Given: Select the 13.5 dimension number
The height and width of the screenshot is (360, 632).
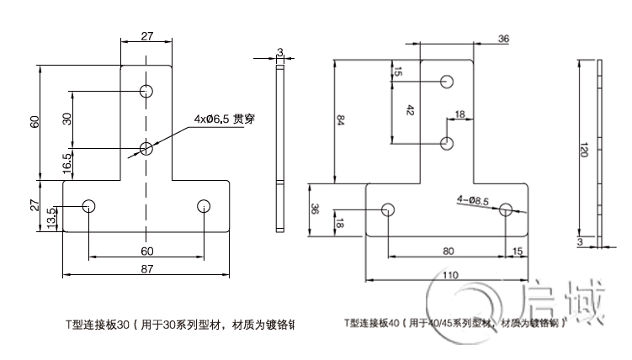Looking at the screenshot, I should tap(51, 218).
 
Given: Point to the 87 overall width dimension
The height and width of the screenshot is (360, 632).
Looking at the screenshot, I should tap(146, 268).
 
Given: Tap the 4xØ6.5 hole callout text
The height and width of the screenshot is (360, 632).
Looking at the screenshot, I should tap(223, 119).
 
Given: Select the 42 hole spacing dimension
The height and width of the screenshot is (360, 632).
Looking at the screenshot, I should tap(410, 111).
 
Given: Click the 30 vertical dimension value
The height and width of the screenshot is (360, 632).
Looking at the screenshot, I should tap(67, 119).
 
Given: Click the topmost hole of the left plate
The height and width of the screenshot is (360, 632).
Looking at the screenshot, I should tap(147, 90).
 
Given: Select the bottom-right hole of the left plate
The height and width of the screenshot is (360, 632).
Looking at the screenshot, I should tap(203, 205).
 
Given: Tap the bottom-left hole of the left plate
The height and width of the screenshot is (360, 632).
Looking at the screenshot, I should tap(90, 205).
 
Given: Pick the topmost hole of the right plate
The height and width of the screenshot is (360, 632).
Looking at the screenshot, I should tap(447, 82).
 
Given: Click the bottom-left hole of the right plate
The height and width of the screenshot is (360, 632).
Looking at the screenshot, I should tap(389, 209).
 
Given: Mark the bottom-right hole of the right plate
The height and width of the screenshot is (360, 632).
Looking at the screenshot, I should tap(506, 209).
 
